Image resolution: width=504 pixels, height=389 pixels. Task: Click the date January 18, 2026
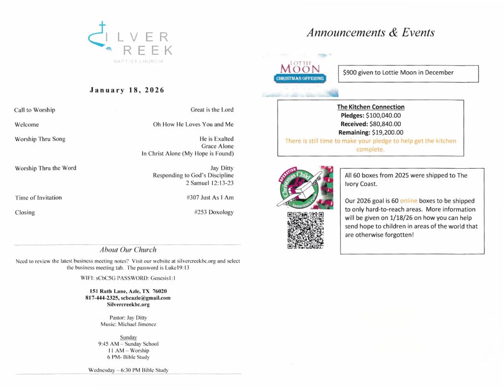tap(126, 90)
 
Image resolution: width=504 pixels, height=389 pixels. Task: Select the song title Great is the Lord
tap(212, 110)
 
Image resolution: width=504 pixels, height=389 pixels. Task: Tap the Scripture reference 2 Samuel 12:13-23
tap(210, 183)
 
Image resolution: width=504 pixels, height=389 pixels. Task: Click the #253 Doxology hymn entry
tap(214, 212)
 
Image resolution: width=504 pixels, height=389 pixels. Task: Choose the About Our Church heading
tap(128, 250)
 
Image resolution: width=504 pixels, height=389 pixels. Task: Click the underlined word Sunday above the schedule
tap(128, 337)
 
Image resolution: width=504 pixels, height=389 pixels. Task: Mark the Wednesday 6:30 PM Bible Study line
tap(128, 370)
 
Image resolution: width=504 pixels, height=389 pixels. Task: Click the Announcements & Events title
tap(371, 33)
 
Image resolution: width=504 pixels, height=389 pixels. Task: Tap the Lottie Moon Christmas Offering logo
tap(300, 75)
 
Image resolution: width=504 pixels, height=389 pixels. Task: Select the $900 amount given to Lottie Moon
tap(350, 73)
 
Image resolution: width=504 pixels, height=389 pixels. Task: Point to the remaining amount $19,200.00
tap(387, 132)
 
